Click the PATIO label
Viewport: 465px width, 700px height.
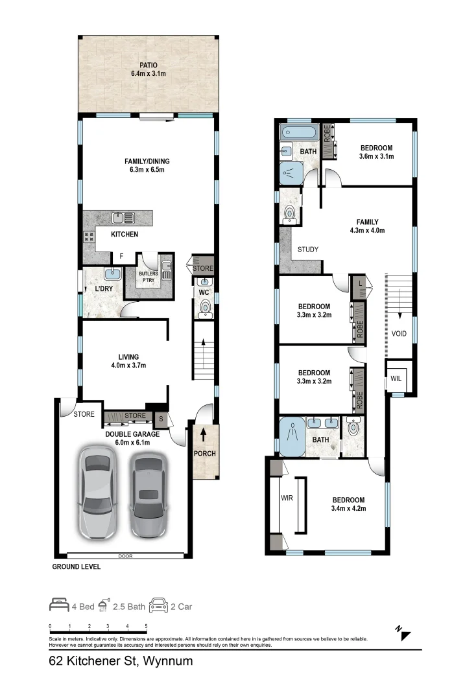tap(148, 65)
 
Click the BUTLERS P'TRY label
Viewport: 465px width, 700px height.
tap(148, 277)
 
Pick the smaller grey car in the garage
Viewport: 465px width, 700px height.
tap(149, 495)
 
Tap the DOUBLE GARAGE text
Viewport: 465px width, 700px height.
tap(128, 434)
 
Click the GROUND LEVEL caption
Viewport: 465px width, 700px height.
tap(77, 566)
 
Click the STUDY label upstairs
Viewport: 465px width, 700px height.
tap(307, 250)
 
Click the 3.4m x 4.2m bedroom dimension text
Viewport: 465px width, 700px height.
tap(348, 509)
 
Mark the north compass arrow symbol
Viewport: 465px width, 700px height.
tap(404, 633)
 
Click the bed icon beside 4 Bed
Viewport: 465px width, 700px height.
tap(59, 607)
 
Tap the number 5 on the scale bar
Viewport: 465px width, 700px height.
tap(146, 627)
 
